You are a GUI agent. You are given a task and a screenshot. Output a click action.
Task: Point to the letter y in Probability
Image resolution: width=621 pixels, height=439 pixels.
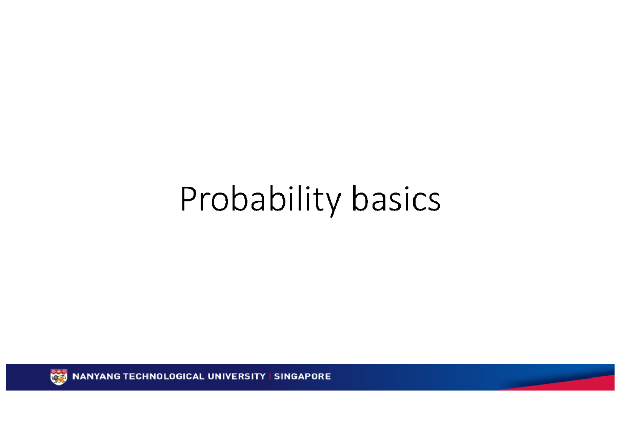click(333, 205)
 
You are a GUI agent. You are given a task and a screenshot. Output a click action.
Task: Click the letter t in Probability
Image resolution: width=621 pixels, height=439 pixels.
click(319, 201)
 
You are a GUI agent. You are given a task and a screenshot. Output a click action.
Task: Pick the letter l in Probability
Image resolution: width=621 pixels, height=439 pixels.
click(299, 200)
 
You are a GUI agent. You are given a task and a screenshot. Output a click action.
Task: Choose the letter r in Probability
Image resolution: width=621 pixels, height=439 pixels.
click(205, 203)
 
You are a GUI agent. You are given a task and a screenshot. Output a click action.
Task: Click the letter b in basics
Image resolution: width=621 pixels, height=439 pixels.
click(360, 200)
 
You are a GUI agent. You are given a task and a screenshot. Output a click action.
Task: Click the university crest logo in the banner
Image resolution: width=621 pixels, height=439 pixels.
click(58, 376)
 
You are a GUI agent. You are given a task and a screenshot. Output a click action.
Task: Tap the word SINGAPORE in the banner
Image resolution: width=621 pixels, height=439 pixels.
click(302, 376)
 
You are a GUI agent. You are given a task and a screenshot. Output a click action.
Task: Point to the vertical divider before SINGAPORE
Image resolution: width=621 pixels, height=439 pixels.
click(270, 376)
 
